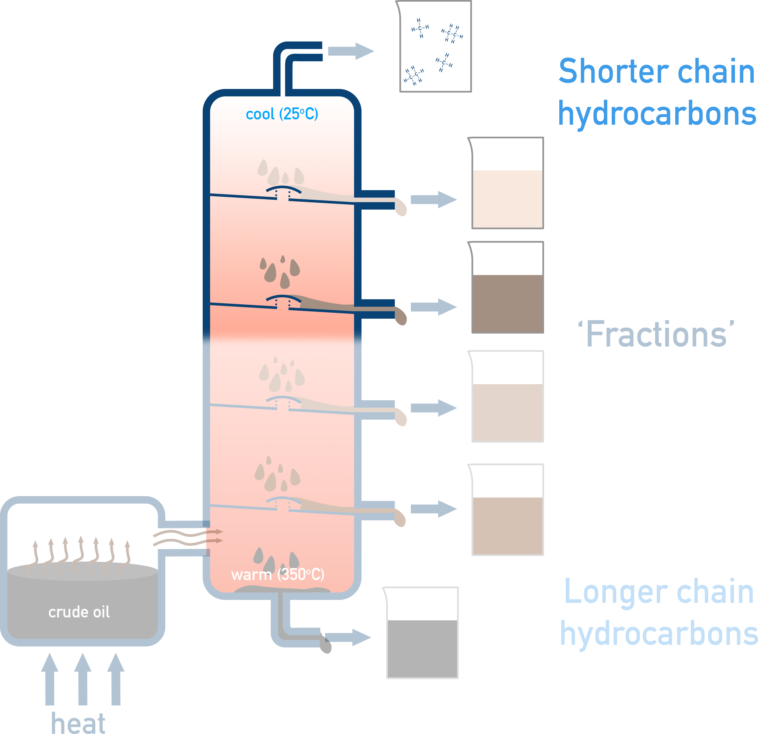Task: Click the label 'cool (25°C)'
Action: (x=282, y=114)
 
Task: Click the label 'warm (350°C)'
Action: (x=278, y=574)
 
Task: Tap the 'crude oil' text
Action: (x=79, y=612)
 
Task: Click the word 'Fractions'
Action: (x=656, y=335)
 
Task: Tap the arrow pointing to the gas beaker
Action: (x=350, y=51)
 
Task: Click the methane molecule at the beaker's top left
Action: (x=420, y=28)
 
